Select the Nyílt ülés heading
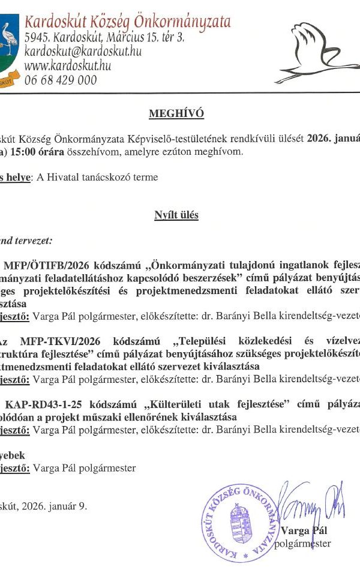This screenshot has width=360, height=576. click(x=176, y=214)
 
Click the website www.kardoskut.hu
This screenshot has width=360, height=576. click(x=68, y=65)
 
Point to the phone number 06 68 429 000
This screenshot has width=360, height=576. click(x=61, y=79)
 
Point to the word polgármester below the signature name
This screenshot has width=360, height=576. click(x=302, y=544)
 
